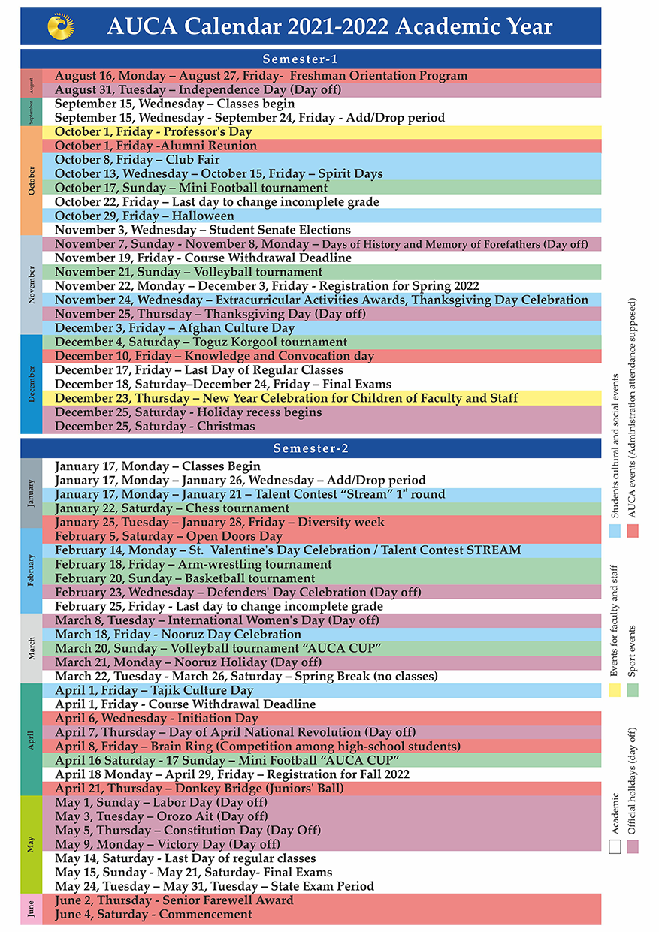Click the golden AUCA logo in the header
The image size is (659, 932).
click(61, 26)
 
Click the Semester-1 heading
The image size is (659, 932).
click(300, 59)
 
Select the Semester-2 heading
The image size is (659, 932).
click(310, 448)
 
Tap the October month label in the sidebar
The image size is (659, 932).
click(32, 180)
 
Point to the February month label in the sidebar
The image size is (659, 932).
click(32, 570)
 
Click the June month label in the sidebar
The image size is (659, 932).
click(32, 909)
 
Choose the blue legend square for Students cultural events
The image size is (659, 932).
click(615, 531)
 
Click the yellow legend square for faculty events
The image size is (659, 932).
click(615, 690)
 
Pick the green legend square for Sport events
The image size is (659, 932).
click(633, 690)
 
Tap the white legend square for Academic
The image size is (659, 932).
click(615, 846)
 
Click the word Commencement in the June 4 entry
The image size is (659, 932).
click(205, 914)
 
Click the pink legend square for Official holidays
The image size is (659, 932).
click(633, 846)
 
